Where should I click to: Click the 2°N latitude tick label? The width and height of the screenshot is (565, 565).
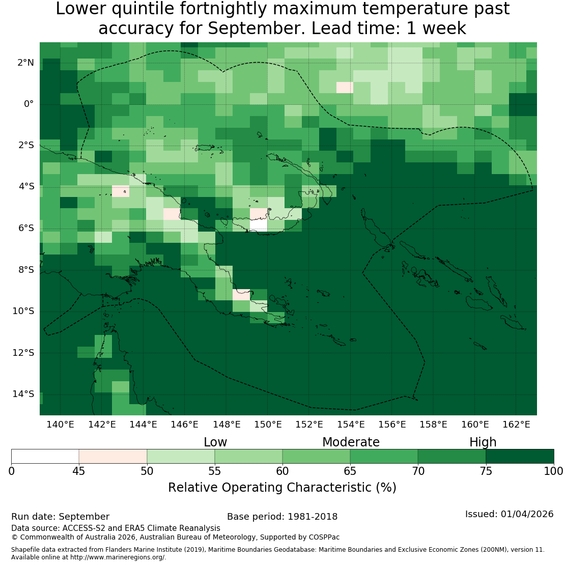click(x=25, y=63)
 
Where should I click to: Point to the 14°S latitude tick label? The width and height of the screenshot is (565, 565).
click(x=23, y=394)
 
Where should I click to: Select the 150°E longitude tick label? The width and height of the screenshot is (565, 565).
click(x=268, y=425)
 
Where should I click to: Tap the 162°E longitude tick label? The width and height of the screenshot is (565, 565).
click(x=516, y=425)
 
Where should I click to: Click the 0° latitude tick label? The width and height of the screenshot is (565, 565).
click(x=29, y=104)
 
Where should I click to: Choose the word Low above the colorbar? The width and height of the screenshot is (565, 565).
click(x=215, y=442)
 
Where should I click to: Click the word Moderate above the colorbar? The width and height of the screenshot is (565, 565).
click(x=351, y=442)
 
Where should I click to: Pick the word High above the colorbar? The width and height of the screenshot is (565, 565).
click(x=483, y=442)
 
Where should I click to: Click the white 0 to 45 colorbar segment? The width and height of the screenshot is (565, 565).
click(x=45, y=456)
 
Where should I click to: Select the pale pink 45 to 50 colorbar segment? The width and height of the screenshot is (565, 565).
click(x=113, y=456)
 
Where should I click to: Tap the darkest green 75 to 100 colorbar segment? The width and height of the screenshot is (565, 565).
click(x=520, y=456)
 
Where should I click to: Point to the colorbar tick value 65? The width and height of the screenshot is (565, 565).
click(x=350, y=471)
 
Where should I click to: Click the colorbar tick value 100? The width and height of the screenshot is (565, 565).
click(x=553, y=471)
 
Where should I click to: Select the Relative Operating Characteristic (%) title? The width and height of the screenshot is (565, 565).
click(x=282, y=488)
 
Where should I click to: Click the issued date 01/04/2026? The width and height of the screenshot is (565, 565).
click(x=527, y=514)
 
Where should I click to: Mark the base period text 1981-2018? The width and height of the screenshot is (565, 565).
click(x=313, y=517)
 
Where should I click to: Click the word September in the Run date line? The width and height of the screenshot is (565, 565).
click(x=84, y=517)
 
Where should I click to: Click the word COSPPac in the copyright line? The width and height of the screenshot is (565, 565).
click(x=324, y=537)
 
